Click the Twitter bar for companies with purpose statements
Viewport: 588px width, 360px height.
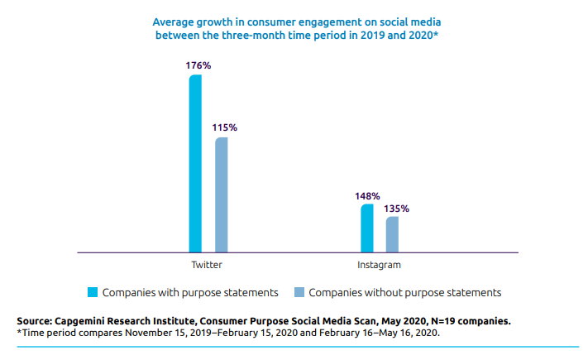(195, 164)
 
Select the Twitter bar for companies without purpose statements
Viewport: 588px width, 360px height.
(221, 194)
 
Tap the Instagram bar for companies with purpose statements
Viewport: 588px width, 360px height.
(366, 228)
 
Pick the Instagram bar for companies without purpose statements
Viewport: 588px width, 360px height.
(392, 234)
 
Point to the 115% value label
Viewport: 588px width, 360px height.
(224, 127)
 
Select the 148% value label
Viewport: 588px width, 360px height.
(367, 196)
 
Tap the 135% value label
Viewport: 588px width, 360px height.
(396, 209)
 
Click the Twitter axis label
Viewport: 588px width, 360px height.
(207, 265)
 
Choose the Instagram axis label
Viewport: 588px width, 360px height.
(379, 265)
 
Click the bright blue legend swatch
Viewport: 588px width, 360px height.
(93, 292)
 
